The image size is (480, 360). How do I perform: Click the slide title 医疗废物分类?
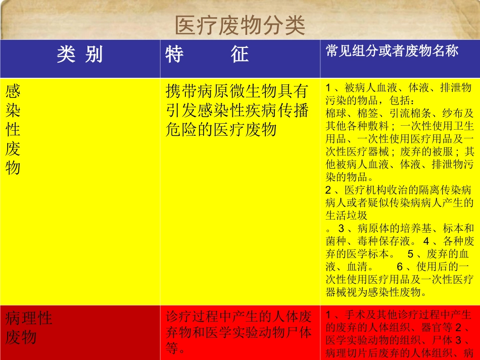point(239,25)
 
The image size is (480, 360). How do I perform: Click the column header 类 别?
point(80,54)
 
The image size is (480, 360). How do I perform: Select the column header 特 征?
point(207,54)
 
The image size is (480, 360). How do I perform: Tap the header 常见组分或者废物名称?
point(392,51)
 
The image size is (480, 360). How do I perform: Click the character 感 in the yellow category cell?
point(13,91)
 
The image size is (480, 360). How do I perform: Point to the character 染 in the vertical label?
point(13,110)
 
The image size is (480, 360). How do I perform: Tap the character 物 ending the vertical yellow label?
point(13,168)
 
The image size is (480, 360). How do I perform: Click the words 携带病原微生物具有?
point(237,91)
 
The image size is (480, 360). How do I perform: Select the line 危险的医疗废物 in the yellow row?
point(221,130)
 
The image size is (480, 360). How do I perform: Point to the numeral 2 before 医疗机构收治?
point(328,190)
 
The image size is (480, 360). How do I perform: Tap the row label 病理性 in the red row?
point(29,318)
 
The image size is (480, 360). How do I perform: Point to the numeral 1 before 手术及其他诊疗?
point(328,315)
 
